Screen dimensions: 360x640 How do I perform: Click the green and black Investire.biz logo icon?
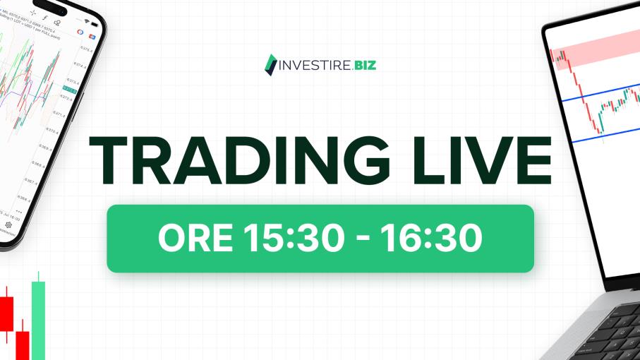click(x=269, y=64)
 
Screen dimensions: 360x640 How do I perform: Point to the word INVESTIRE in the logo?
click(x=307, y=64)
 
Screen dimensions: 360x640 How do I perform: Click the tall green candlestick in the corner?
click(x=38, y=318)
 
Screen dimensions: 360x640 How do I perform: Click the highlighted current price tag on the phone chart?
click(x=71, y=88)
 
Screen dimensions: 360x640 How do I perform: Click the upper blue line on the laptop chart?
click(x=600, y=95)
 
